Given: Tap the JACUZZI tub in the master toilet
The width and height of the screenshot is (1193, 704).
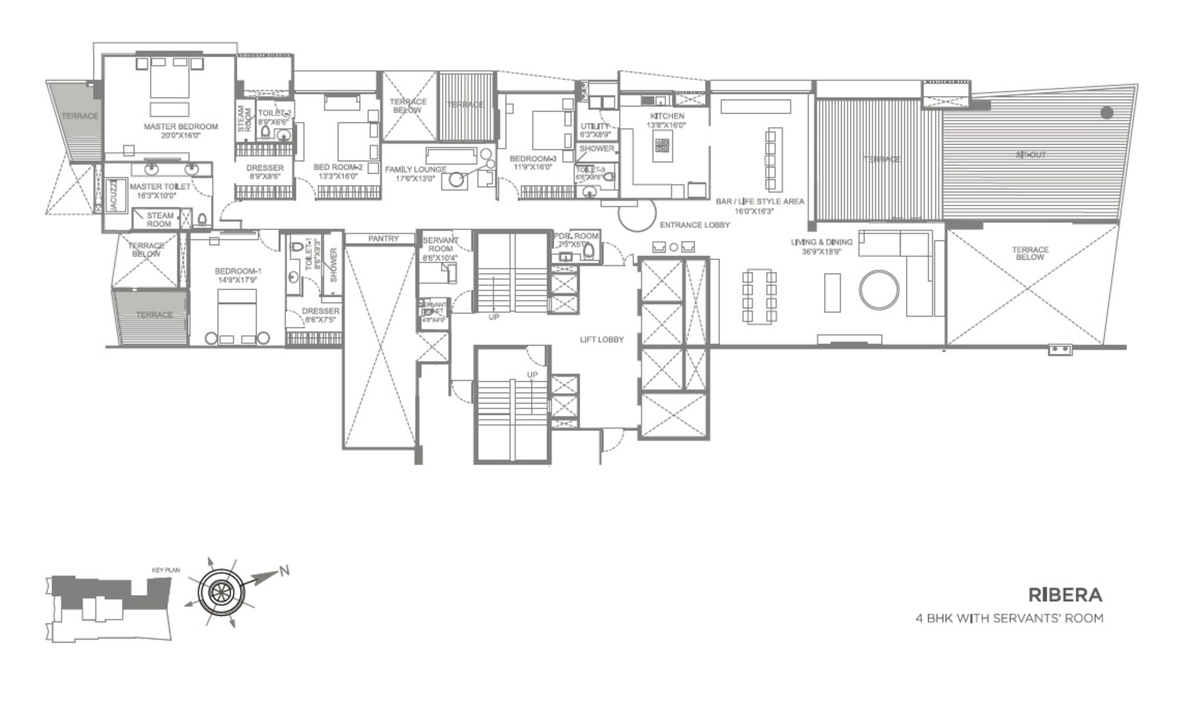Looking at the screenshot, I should (115, 195).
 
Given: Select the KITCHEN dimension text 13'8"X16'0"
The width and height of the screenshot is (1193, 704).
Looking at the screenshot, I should (666, 125).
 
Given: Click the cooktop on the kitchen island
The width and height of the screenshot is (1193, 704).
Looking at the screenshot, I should (662, 145).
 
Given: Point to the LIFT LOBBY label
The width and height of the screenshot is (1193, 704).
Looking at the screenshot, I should (601, 339).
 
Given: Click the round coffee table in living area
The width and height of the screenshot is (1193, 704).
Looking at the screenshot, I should (878, 290).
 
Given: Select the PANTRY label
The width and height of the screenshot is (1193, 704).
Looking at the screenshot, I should (383, 239).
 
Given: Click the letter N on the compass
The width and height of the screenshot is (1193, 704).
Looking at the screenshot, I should (284, 571).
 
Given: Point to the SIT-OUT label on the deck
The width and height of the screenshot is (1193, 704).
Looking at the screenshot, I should (1030, 155).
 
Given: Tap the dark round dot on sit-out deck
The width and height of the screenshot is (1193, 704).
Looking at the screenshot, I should (1107, 112).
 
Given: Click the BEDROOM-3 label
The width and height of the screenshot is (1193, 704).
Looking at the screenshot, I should (532, 159).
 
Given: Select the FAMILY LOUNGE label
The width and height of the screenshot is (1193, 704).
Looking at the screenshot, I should (415, 169).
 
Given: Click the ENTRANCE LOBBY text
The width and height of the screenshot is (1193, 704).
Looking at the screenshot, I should (694, 225).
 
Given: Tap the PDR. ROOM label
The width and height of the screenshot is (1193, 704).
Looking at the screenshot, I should (576, 236).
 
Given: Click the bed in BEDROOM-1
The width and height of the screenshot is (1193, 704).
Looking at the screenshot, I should (237, 313).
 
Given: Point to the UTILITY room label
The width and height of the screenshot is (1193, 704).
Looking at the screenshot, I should (595, 126).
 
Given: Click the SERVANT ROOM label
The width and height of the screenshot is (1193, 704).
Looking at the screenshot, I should (440, 244).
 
